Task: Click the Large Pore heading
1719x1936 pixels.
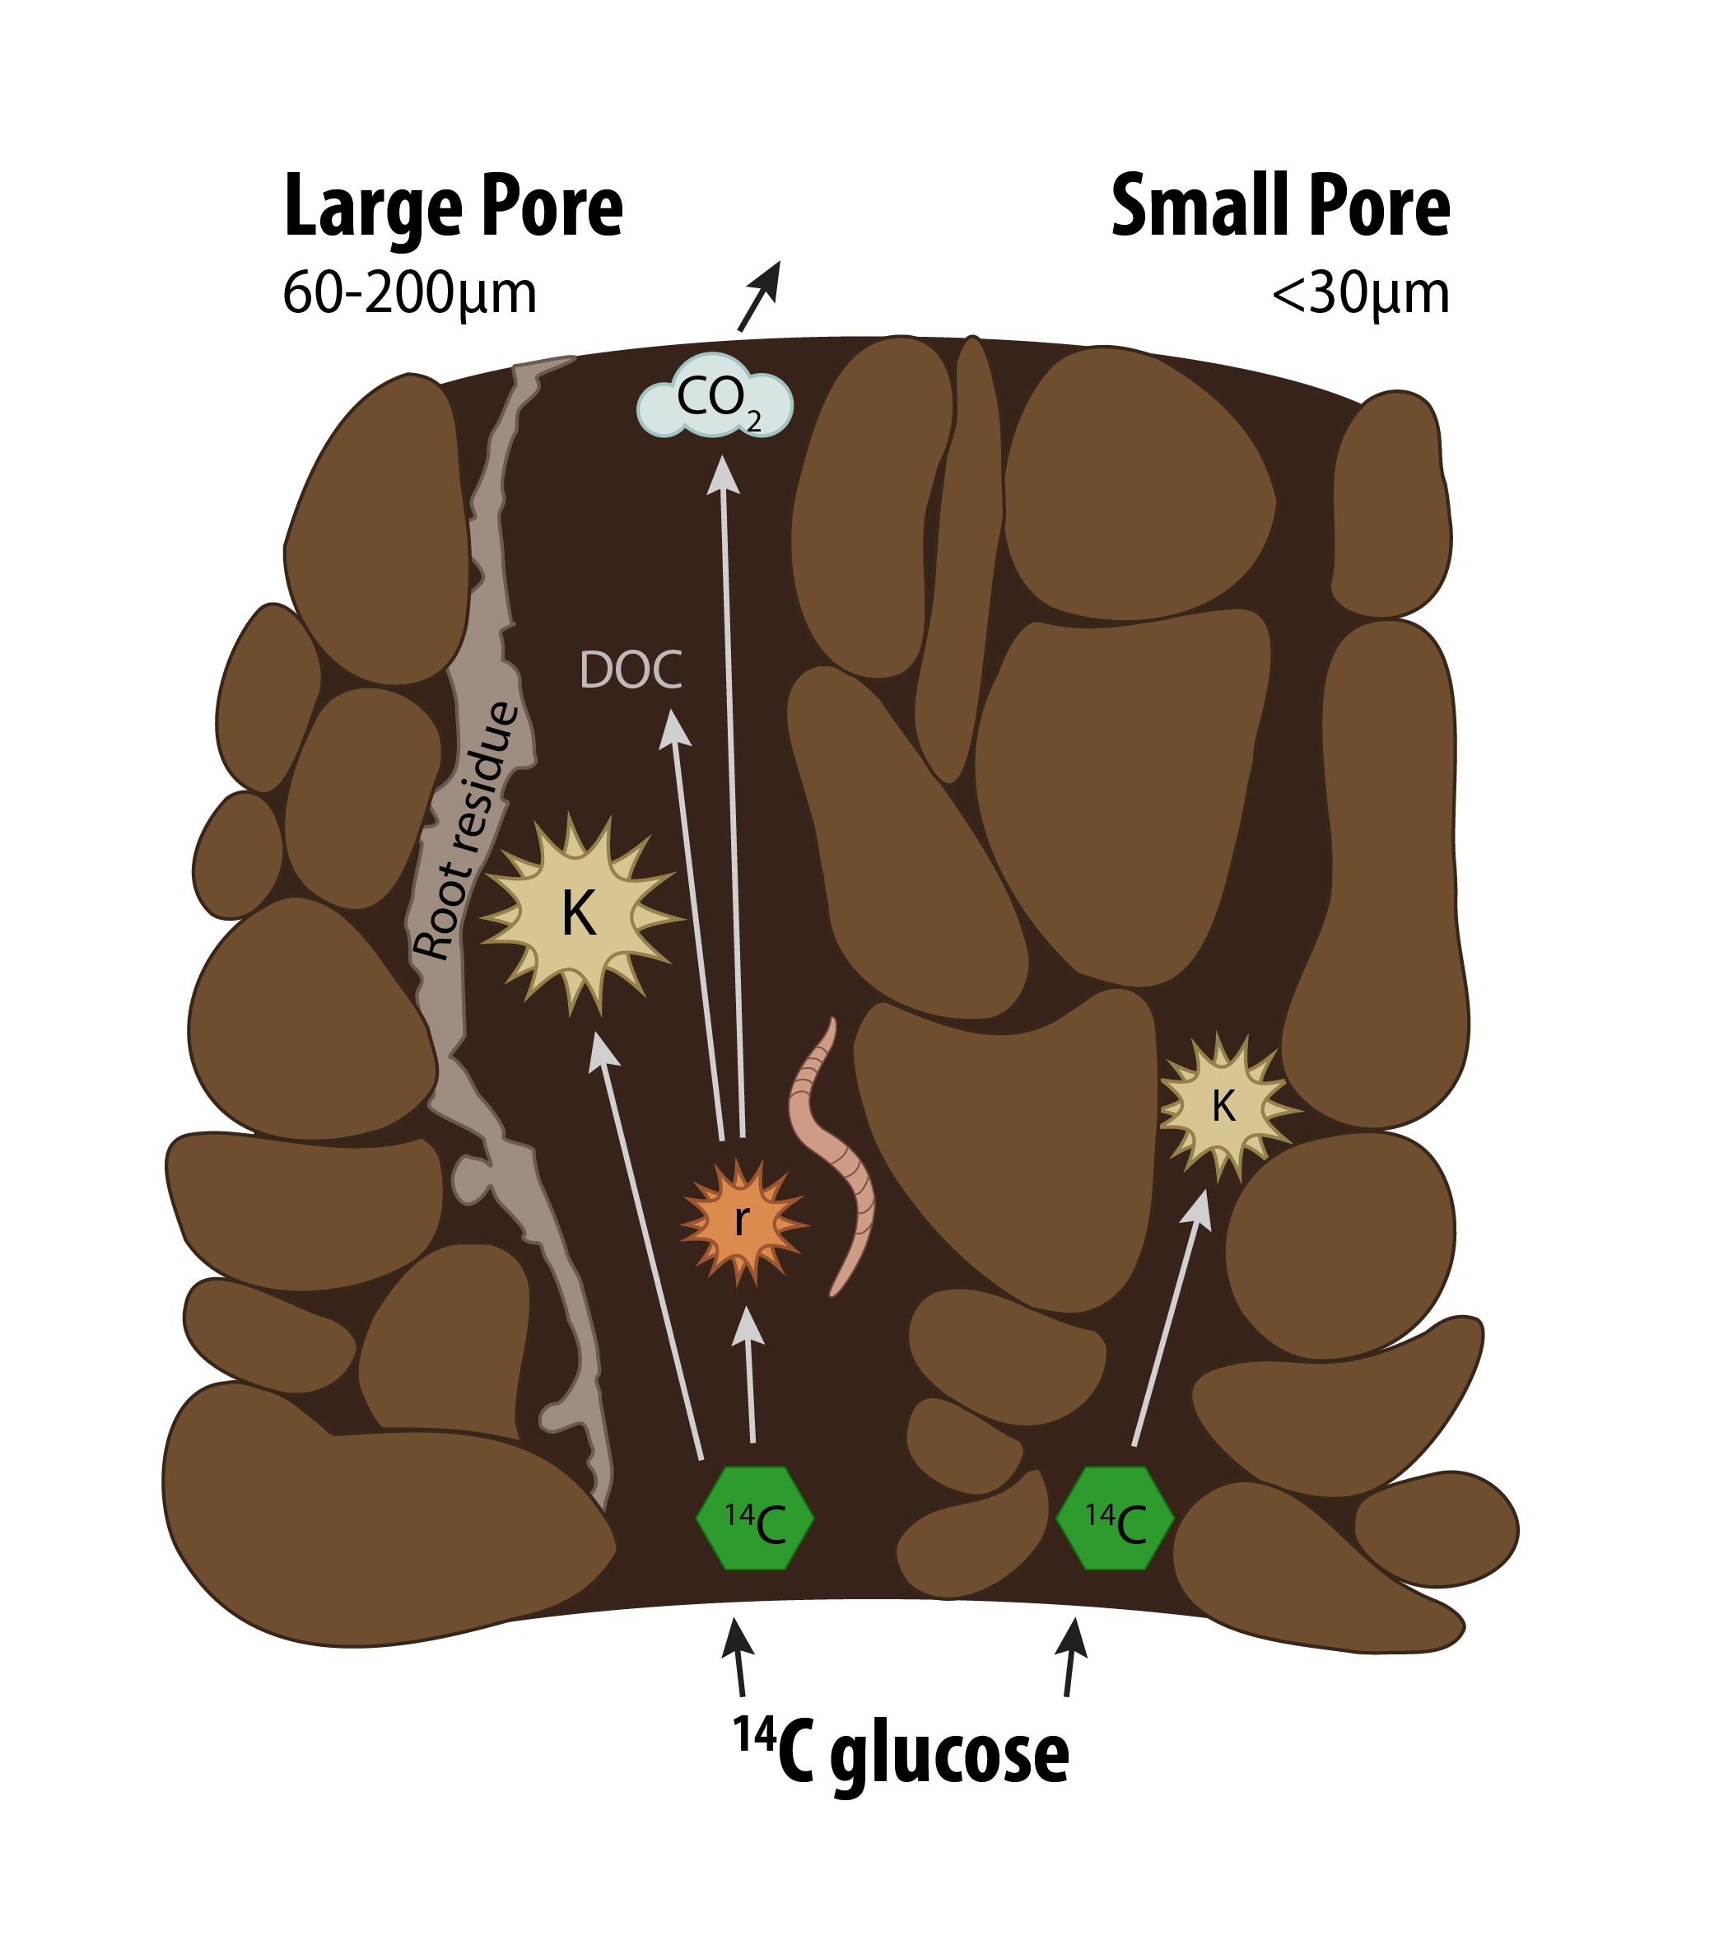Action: [453, 207]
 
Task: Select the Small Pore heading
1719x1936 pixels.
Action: [1279, 207]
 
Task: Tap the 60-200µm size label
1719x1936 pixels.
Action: [409, 294]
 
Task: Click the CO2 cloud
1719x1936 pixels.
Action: [715, 398]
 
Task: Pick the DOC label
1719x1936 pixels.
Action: [630, 670]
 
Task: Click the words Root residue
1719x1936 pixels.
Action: [466, 832]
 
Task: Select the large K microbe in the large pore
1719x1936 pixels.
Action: [580, 914]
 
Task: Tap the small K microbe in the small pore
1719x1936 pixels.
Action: [1223, 1106]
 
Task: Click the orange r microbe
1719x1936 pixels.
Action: [743, 1222]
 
